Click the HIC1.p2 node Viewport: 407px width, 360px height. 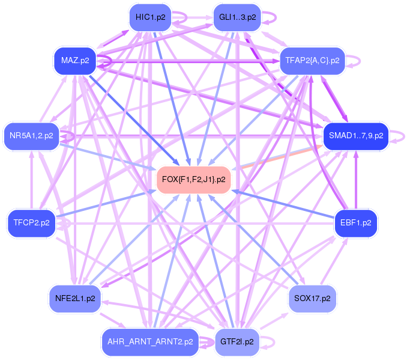pos(150,17)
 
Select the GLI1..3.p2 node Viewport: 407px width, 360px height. pos(237,17)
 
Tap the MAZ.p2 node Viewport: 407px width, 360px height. pos(75,60)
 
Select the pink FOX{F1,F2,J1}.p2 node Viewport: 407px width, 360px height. pos(194,180)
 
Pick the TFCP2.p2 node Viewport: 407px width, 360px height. pos(31,223)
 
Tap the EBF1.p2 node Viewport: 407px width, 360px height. pos(355,223)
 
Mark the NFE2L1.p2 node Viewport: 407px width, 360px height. pos(74,297)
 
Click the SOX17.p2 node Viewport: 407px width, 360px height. pos(312,297)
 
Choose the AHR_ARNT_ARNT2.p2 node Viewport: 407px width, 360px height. pos(150,341)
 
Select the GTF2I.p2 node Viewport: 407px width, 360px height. pos(237,341)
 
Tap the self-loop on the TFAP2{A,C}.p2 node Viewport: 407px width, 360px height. pos(354,60)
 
